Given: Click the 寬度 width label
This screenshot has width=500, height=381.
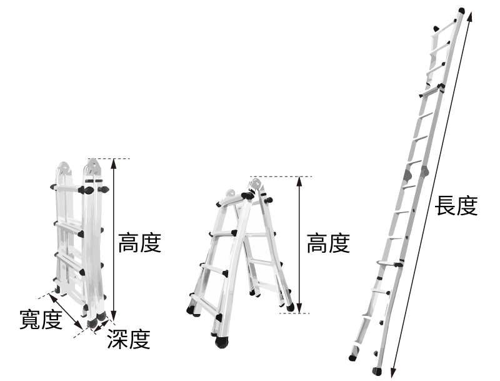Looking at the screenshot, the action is [41, 319].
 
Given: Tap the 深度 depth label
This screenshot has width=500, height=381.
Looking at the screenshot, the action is [129, 339].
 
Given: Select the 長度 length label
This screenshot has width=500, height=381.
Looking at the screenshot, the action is [456, 206].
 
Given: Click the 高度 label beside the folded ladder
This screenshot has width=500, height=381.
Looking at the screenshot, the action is [139, 243].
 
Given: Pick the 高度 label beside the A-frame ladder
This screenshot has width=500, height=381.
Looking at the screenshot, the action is [328, 243].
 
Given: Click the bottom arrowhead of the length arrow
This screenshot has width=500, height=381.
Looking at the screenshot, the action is [394, 373].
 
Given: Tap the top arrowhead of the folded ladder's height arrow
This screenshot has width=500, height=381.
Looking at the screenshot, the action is [114, 163].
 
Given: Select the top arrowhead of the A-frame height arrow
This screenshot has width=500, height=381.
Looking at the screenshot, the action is [299, 181].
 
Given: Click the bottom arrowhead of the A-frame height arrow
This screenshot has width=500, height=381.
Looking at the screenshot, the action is [299, 308].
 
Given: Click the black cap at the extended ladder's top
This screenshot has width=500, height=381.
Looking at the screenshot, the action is [462, 11].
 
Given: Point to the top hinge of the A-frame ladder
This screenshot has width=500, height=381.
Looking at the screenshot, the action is [255, 185].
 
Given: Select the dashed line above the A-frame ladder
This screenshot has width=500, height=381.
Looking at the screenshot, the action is [281, 176].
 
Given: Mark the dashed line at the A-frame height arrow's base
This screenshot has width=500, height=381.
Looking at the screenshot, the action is [294, 313].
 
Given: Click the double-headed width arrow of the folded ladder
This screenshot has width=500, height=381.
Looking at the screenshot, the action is [66, 312].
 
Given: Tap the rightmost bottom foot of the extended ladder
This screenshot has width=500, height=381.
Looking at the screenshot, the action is [377, 371].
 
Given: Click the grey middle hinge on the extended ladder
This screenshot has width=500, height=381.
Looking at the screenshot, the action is [424, 171].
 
